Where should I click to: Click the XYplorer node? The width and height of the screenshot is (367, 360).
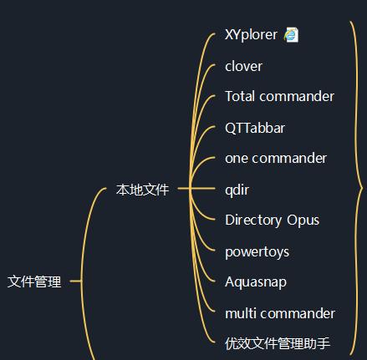point(251,35)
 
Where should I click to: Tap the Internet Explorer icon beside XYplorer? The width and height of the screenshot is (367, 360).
point(291,35)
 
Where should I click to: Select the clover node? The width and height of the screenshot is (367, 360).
point(243,67)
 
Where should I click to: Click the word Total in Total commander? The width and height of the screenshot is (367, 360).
point(240,97)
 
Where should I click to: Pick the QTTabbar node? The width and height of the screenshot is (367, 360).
point(255,128)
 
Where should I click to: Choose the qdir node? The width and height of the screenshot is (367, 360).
point(237,190)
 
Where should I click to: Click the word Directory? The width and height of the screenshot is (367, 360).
point(253,221)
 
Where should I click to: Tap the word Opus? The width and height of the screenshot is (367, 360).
point(303,221)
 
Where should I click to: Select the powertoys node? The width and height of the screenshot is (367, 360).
point(257,252)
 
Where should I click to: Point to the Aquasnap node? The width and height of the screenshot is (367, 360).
point(256,282)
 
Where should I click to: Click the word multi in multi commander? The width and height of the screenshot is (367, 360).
point(241,313)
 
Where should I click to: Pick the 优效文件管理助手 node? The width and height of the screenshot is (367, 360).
point(278,343)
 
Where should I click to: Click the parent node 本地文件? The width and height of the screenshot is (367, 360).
point(142,190)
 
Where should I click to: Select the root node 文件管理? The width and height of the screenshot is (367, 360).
point(34,281)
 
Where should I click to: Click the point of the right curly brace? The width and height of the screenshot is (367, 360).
point(362,189)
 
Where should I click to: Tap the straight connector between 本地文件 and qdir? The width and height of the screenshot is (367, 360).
point(196,189)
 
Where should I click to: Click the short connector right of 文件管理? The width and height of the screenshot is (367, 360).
point(76,281)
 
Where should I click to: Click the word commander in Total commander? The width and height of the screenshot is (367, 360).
point(297,97)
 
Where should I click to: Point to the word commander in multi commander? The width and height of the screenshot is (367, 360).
point(298,313)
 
